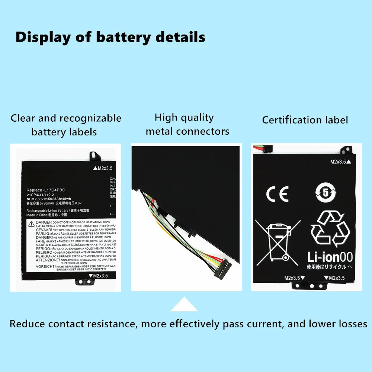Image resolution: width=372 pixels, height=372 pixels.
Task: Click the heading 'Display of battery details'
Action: tap(110, 37)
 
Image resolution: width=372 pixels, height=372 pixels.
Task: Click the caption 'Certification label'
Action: tap(305, 120)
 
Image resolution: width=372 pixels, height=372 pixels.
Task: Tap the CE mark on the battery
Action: tap(277, 194)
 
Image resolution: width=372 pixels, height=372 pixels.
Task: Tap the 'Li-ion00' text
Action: tap(330, 257)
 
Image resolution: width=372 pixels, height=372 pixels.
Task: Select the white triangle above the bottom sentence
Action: tap(184, 304)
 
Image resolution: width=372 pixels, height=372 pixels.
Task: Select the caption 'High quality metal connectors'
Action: tap(187, 125)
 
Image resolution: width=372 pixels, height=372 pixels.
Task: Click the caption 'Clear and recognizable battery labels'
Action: tap(66, 125)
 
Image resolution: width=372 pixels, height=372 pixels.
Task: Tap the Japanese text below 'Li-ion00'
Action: tap(329, 267)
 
